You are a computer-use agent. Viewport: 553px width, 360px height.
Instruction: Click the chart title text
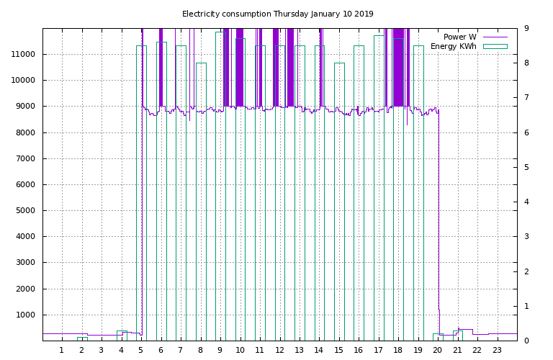[277, 14]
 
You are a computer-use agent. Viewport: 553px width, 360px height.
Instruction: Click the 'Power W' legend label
[459, 37]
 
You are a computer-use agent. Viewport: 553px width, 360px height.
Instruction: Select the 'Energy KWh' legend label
[453, 46]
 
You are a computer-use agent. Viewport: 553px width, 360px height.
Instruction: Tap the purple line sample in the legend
[495, 37]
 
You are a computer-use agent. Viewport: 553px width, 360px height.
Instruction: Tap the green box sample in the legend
[495, 46]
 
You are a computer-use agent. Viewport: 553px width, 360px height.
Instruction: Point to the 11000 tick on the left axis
[26, 54]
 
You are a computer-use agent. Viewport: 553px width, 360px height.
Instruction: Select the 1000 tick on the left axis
[28, 315]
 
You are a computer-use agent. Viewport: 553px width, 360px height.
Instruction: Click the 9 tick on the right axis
[526, 28]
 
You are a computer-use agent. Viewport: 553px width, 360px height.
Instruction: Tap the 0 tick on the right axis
[526, 341]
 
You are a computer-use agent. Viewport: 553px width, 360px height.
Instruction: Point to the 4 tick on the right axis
[526, 202]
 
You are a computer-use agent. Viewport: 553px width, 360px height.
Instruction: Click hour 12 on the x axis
[279, 351]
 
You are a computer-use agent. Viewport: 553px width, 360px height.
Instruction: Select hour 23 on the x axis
[497, 351]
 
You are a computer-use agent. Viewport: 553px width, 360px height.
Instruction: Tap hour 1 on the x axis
[62, 351]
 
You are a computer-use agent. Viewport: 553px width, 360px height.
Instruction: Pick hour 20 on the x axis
[438, 351]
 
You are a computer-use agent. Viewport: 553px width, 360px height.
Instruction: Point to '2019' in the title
[363, 14]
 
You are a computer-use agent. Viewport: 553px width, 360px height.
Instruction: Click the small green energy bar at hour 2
[82, 338]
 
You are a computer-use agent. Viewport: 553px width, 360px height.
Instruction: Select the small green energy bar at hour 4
[122, 336]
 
